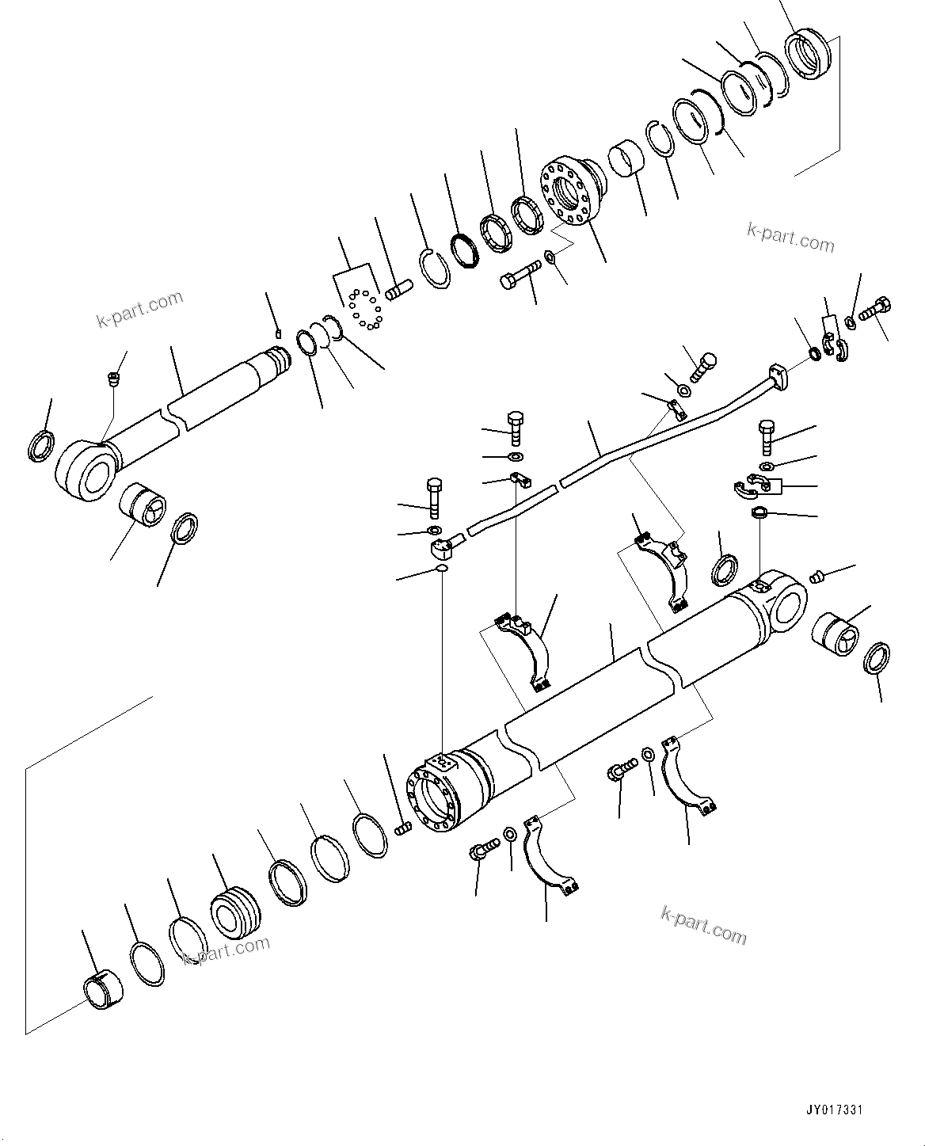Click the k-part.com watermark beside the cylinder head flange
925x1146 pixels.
(790, 237)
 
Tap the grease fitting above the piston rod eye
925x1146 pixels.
(113, 379)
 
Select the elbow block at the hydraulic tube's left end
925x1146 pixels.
(444, 546)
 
